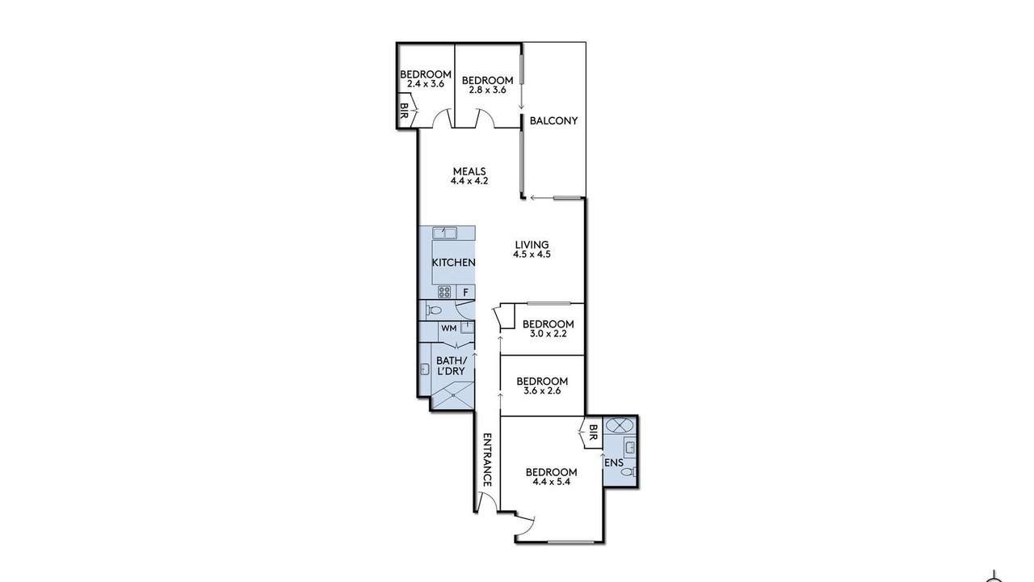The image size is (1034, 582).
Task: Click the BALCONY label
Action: click(x=553, y=120)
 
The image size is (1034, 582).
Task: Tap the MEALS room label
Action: click(x=469, y=171)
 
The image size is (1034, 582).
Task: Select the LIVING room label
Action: click(x=532, y=244)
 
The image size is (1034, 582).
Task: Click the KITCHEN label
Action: click(x=453, y=263)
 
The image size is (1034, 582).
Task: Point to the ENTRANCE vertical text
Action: click(x=486, y=460)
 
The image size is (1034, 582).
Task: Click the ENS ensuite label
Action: click(x=614, y=463)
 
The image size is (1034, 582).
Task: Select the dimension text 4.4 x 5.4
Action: click(x=551, y=482)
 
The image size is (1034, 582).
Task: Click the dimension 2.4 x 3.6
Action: click(x=425, y=83)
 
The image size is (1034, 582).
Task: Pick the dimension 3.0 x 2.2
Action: click(x=548, y=334)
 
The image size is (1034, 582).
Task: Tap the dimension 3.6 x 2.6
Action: click(x=542, y=390)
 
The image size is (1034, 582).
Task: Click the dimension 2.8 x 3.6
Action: click(x=487, y=90)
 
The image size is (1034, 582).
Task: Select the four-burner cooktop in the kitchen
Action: click(x=444, y=292)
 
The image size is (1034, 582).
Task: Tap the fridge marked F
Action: click(x=466, y=292)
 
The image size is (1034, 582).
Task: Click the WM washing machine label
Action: click(x=448, y=328)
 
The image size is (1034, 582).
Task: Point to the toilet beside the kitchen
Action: click(x=433, y=310)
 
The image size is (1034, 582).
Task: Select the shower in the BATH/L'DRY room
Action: click(x=453, y=395)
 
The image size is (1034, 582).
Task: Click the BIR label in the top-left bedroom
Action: click(x=404, y=112)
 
